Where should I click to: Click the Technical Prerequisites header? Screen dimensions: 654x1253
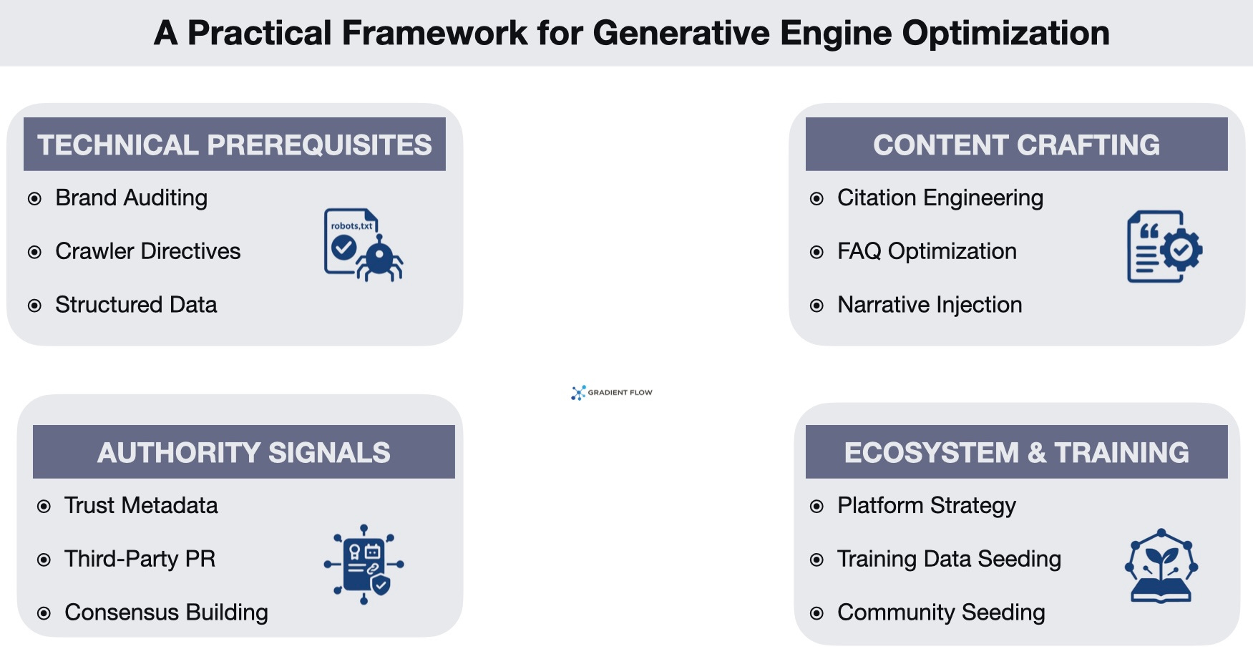(234, 145)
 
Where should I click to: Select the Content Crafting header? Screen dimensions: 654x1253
(1016, 145)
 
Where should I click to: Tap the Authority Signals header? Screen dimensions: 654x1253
(243, 452)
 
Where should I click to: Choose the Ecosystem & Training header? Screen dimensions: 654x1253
(1016, 452)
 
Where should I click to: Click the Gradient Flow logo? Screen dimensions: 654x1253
(612, 392)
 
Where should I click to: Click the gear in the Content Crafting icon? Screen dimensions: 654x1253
(1181, 250)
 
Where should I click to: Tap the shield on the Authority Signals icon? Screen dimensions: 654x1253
(381, 585)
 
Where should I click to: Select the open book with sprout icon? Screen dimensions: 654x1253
(1161, 569)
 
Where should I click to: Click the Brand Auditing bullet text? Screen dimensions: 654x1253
(131, 198)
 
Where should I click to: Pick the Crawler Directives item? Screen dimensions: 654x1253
(147, 251)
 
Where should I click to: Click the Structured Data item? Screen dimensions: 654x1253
(136, 305)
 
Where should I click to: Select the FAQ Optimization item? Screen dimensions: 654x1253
(927, 251)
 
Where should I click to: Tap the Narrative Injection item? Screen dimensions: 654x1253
(930, 305)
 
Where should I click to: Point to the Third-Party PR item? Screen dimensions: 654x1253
(140, 559)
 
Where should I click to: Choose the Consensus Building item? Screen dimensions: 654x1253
(166, 612)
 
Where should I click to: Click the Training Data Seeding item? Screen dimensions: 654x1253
(949, 559)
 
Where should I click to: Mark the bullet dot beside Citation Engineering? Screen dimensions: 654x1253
(816, 199)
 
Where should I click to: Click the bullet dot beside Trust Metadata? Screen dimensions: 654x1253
(44, 507)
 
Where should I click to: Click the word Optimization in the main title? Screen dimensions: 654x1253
(1005, 34)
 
